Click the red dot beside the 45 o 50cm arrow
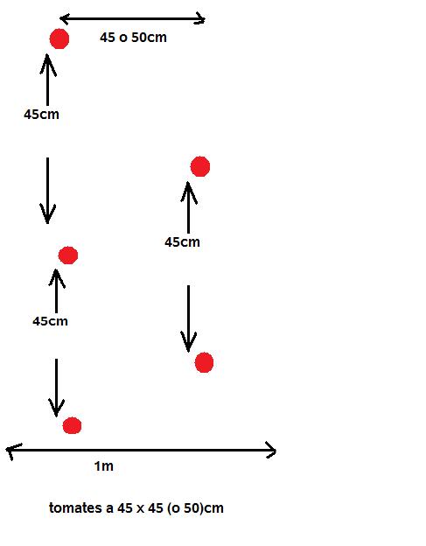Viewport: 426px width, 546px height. coord(59,39)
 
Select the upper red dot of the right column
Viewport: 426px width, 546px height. coord(200,166)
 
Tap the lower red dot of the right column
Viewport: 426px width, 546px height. coord(204,362)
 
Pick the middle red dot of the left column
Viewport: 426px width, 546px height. coord(68,255)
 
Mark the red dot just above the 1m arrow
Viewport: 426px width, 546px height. coord(72,425)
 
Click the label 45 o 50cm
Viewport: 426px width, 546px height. coord(133,38)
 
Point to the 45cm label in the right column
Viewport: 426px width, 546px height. coord(182,242)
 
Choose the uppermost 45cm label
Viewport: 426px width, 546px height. coord(41,115)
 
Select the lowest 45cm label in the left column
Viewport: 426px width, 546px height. coord(50,321)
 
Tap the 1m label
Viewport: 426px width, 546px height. coord(104,465)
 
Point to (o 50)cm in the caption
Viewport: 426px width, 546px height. coord(195,508)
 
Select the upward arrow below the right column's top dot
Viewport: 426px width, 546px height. coord(189,207)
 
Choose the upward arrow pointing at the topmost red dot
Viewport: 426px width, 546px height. coord(48,79)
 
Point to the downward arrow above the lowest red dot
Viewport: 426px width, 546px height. coord(56,388)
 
